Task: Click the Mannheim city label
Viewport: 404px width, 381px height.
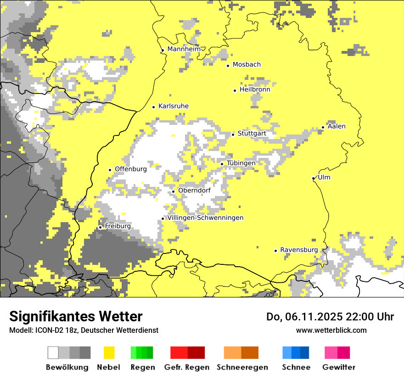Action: tap(184, 49)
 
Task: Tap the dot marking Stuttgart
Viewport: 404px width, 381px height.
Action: tap(233, 134)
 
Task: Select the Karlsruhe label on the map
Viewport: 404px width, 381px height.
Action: tap(174, 106)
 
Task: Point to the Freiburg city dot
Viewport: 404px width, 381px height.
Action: tap(101, 227)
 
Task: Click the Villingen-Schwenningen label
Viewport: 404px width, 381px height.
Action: tap(205, 218)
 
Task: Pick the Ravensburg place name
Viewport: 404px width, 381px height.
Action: tap(299, 250)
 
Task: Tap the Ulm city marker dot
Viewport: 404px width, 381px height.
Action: tap(314, 179)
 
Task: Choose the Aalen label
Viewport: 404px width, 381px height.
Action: tap(337, 126)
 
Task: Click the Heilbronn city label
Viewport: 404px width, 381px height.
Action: tap(255, 90)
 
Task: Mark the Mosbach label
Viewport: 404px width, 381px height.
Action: tap(247, 65)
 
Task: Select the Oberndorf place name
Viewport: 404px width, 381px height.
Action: tap(194, 190)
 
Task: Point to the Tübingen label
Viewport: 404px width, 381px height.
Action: tap(241, 163)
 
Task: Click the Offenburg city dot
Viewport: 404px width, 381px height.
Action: tap(110, 170)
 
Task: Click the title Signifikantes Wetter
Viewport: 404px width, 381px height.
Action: tap(76, 316)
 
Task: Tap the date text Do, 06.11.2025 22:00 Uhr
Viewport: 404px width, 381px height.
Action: tap(330, 316)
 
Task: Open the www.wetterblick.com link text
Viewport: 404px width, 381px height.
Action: tap(331, 330)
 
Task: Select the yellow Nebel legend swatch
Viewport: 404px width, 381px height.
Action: tap(109, 353)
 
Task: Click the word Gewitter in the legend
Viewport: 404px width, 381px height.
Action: tap(339, 367)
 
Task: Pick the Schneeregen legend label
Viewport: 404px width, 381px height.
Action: tap(242, 367)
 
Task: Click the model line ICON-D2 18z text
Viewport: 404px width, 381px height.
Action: tap(84, 330)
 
